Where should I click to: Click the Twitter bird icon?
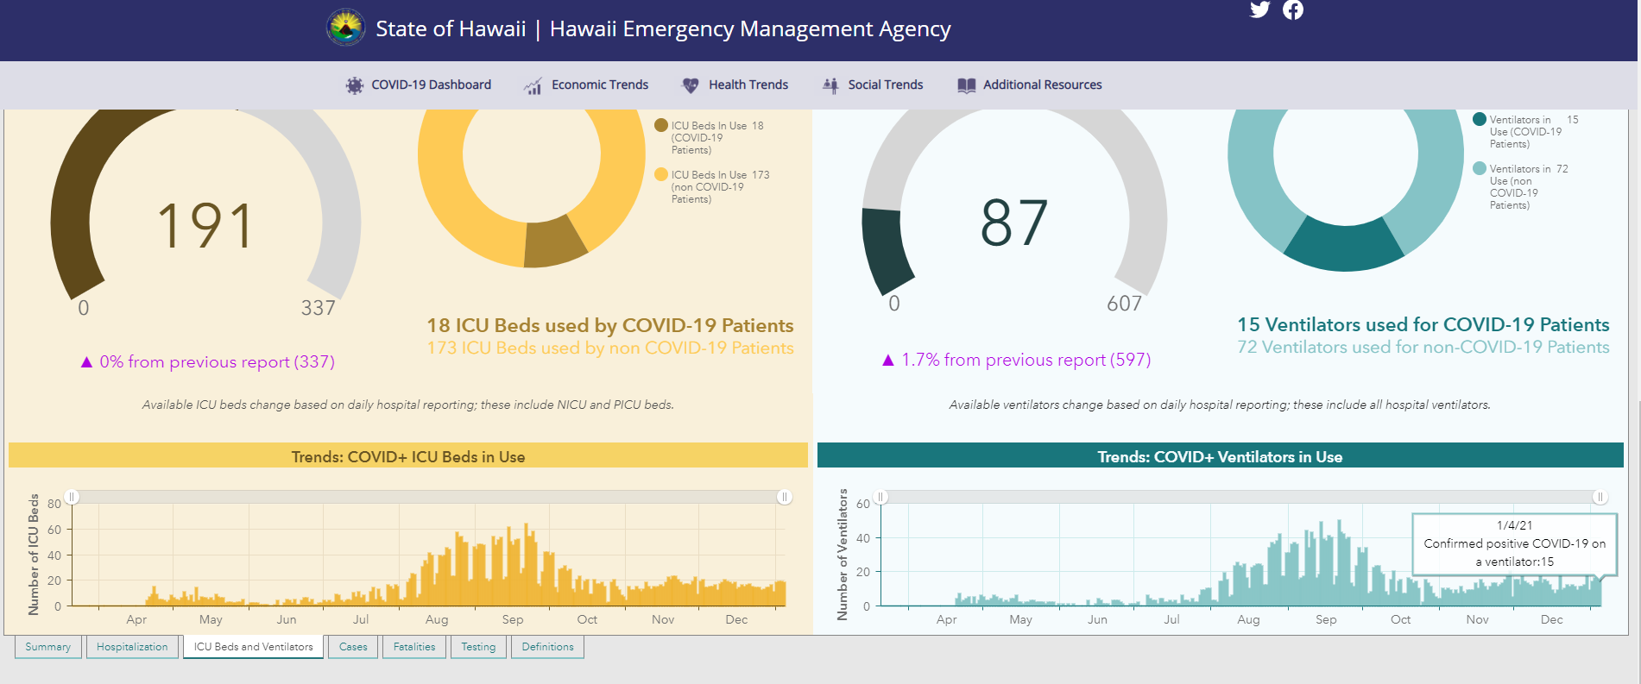pyautogui.click(x=1260, y=9)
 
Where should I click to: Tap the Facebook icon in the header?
pyautogui.click(x=1293, y=9)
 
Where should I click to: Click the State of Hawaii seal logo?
pyautogui.click(x=346, y=28)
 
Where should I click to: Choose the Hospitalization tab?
pyautogui.click(x=132, y=647)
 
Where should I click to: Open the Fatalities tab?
pyautogui.click(x=414, y=647)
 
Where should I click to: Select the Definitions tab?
pyautogui.click(x=547, y=647)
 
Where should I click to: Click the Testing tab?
pyautogui.click(x=478, y=647)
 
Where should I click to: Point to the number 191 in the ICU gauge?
pyautogui.click(x=205, y=226)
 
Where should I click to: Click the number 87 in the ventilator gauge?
pyautogui.click(x=1014, y=223)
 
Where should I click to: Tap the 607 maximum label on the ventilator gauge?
pyautogui.click(x=1124, y=304)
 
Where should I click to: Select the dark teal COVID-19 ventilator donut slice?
pyautogui.click(x=1344, y=245)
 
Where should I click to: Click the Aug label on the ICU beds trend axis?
pyautogui.click(x=437, y=619)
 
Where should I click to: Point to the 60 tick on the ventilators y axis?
pyautogui.click(x=863, y=504)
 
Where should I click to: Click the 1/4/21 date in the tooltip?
pyautogui.click(x=1515, y=525)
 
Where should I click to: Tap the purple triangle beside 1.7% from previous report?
pyautogui.click(x=888, y=360)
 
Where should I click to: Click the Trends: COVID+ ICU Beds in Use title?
pyautogui.click(x=408, y=457)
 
